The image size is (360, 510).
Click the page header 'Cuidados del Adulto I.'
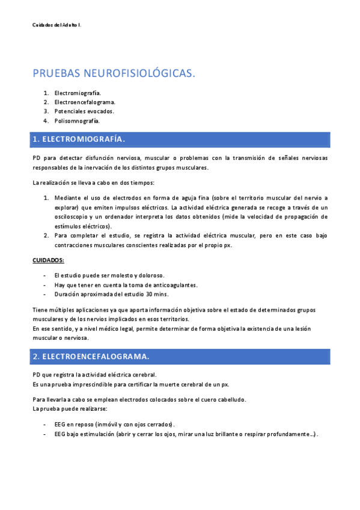(56, 25)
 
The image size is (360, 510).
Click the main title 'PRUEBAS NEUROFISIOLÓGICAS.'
(114, 73)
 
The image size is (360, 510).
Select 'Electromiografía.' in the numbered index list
(78, 93)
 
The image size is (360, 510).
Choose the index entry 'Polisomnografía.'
(77, 120)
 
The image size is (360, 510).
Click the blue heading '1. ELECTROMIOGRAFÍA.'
(79, 140)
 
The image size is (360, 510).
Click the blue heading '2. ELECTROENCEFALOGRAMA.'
(91, 357)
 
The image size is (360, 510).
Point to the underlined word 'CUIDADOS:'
(47, 260)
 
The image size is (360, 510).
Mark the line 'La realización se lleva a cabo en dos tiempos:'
(93, 182)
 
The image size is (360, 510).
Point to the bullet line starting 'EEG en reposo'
(114, 424)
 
